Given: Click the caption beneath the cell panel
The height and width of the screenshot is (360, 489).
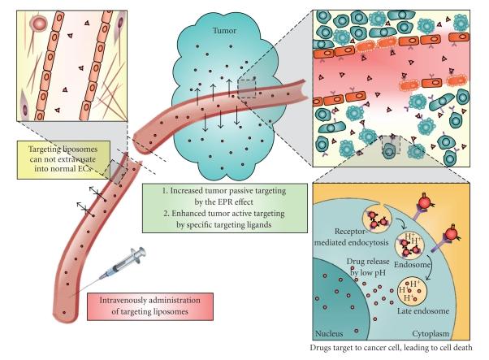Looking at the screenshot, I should pyautogui.click(x=398, y=349).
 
